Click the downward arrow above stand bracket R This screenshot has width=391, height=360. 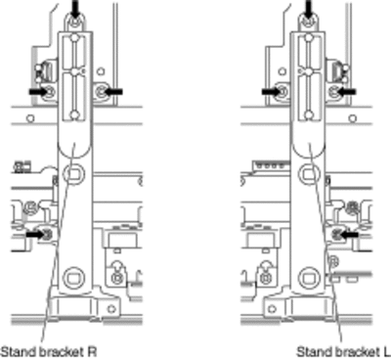coord(75,9)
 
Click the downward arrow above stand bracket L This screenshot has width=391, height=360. coord(308,9)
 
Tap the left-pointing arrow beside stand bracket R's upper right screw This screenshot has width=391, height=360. coord(111,92)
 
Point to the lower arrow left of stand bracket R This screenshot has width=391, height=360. coord(37,234)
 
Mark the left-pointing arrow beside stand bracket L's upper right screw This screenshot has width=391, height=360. coord(345,92)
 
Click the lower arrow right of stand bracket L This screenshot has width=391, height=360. coord(348,234)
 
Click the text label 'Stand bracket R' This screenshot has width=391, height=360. coord(49,352)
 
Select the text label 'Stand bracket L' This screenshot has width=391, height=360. coord(343,352)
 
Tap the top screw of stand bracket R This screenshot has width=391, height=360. coord(75,22)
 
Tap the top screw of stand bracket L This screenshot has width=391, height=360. coord(308,22)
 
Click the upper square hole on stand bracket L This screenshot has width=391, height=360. coord(308,174)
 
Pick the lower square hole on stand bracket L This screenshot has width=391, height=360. coord(308,278)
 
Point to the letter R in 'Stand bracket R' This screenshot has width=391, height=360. coord(92,352)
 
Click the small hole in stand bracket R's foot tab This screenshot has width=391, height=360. coord(111,308)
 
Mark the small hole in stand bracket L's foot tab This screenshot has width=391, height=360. coord(273,308)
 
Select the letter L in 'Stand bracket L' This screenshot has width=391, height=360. coord(387,352)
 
